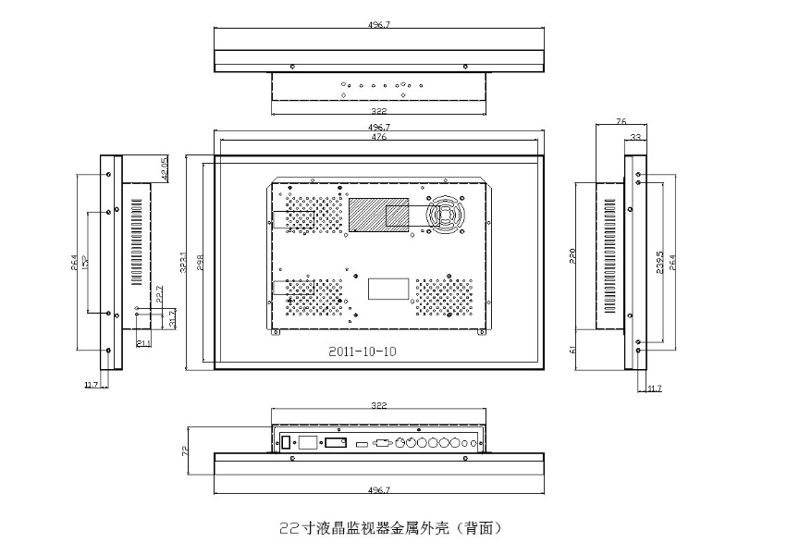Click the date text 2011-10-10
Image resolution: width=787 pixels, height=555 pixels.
[x=363, y=351]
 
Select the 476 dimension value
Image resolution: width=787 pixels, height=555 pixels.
[x=377, y=137]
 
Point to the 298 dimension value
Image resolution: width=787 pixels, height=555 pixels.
[x=202, y=261]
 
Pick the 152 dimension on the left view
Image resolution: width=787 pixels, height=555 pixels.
[x=84, y=262]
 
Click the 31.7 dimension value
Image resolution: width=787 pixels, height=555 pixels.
[x=172, y=319]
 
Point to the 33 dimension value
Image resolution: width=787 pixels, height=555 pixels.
[x=634, y=137]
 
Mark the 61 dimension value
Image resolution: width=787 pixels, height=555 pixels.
[x=572, y=349]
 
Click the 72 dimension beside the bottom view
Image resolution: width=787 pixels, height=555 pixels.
[x=186, y=451]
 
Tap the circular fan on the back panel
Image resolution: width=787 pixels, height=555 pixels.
[x=445, y=216]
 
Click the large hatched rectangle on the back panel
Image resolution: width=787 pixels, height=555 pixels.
[x=377, y=216]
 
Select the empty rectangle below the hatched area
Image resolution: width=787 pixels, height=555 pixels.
[x=389, y=289]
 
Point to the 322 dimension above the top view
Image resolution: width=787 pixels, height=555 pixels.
[x=377, y=110]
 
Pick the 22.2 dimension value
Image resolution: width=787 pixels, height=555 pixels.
[x=159, y=294]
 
